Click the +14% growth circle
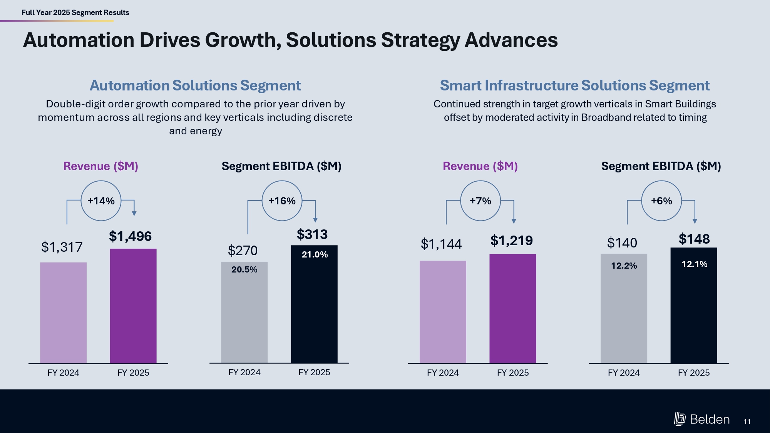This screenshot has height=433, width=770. [x=101, y=201]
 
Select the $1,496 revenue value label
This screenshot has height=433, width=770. [x=130, y=236]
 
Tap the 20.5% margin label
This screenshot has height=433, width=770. [x=244, y=269]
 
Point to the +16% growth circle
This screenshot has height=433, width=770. [x=282, y=201]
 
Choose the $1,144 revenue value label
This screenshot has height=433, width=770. [x=441, y=244]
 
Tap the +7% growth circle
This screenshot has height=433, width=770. [x=480, y=201]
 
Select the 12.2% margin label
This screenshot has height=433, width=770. [x=624, y=266]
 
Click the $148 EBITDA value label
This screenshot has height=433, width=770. [x=694, y=239]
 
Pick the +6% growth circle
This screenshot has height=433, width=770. [x=661, y=201]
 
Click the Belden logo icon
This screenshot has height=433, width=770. [x=680, y=419]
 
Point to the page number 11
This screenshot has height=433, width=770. [x=747, y=421]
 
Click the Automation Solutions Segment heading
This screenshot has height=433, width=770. [x=195, y=85]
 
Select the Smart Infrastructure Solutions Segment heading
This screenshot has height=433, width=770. [x=574, y=85]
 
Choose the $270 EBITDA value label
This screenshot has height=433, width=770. [x=243, y=251]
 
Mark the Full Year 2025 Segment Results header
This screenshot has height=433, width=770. [x=75, y=12]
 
